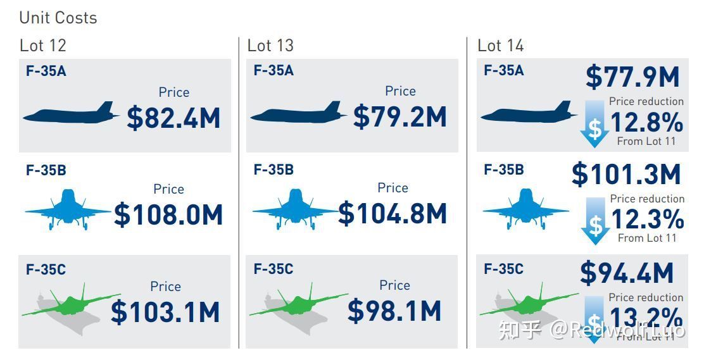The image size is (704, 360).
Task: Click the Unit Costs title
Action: [x=58, y=18]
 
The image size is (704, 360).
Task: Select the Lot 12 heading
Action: [x=43, y=46]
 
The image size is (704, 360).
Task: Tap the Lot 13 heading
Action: [x=270, y=46]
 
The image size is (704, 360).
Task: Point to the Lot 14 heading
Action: [x=501, y=46]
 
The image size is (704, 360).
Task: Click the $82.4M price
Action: [x=173, y=118]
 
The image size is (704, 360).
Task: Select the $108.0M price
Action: [x=168, y=215]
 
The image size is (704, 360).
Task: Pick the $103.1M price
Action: [x=165, y=312]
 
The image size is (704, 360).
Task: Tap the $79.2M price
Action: [x=400, y=117]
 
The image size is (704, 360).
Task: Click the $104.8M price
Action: [x=393, y=214]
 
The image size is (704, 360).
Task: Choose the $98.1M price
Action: [x=394, y=311]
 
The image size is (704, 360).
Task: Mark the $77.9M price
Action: [x=632, y=77]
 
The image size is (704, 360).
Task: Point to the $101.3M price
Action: [x=626, y=175]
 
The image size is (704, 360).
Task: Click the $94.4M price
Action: [x=627, y=273]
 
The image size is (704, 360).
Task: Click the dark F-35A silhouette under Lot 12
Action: [x=71, y=114]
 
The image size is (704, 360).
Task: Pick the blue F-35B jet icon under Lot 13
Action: [x=296, y=209]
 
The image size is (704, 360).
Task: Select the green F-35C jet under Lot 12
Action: [x=71, y=304]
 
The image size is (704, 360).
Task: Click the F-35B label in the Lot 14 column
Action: [x=504, y=170]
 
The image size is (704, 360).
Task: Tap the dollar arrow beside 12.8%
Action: [x=594, y=125]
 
